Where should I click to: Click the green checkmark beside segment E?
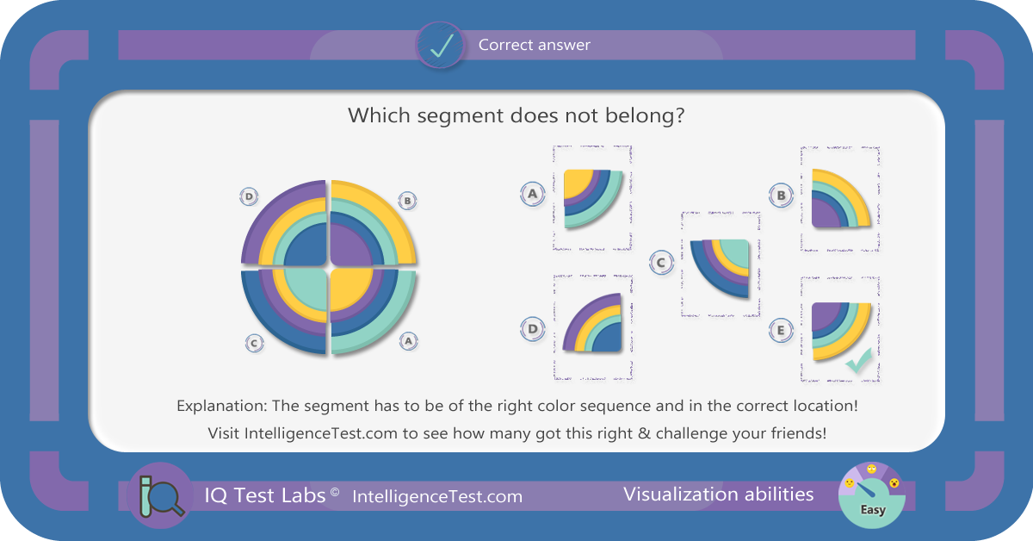859,360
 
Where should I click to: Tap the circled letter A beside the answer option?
533,194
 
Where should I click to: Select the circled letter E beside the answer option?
781,331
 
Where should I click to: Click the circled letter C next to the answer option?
661,263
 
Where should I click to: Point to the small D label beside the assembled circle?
249,196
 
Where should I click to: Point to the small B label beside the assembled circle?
407,201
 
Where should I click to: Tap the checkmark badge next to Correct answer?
441,46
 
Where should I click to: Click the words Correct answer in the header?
534,45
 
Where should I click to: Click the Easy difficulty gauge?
871,495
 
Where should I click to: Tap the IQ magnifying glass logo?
161,495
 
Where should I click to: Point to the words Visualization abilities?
719,494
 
